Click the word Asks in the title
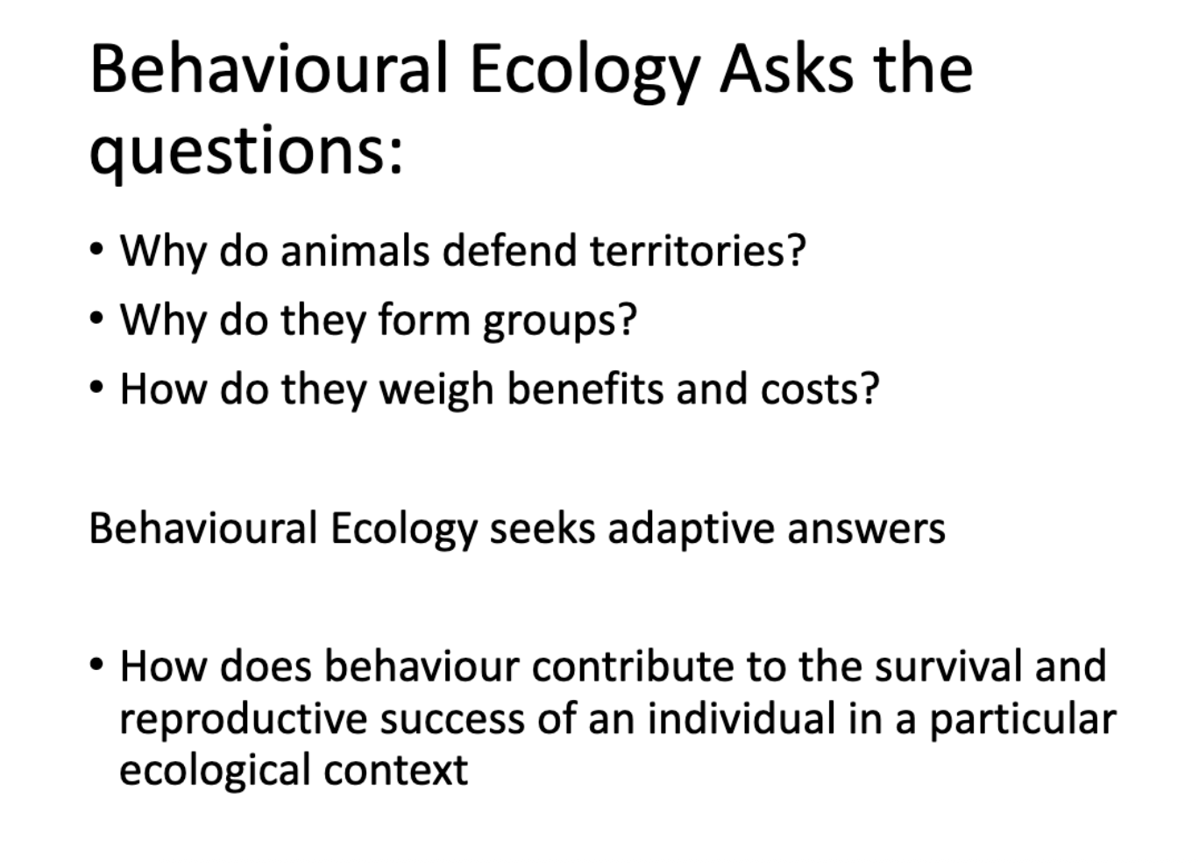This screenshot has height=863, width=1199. pos(786,69)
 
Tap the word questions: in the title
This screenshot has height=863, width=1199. pos(246,152)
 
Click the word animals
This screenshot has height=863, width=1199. pos(355,250)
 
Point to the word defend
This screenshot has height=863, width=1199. pos(509,250)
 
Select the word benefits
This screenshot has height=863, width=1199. pos(585,389)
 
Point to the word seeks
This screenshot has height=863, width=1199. pos(543,529)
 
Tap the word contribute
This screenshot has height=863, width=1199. pos(632,667)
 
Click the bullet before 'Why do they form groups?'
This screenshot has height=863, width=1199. pos(96,318)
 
